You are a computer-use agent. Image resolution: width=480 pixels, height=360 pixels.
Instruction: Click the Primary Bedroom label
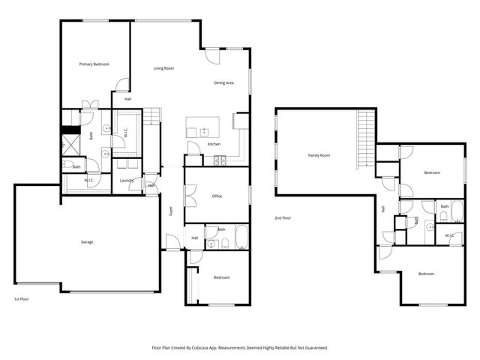(x=94, y=64)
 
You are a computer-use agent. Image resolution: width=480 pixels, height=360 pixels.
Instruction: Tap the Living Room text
(x=163, y=68)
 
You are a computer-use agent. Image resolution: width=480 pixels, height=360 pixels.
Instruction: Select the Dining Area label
(x=224, y=82)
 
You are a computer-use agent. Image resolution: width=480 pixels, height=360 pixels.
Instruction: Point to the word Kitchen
(x=214, y=144)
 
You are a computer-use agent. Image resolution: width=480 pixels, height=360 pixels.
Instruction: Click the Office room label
(x=217, y=196)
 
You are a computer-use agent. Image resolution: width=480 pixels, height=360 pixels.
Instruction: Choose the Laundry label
(x=127, y=180)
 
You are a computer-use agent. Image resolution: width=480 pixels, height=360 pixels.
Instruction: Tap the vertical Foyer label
(x=171, y=210)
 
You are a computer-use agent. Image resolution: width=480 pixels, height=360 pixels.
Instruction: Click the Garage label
(x=87, y=241)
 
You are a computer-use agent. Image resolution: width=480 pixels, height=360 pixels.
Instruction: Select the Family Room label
(x=319, y=155)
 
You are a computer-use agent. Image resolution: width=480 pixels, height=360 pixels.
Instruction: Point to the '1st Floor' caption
(x=21, y=299)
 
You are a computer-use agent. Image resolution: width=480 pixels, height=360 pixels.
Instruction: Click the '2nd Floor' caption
(x=282, y=217)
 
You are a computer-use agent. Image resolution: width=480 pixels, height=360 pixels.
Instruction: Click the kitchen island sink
(x=204, y=129)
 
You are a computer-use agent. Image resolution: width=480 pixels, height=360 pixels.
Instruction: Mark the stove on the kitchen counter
(x=220, y=159)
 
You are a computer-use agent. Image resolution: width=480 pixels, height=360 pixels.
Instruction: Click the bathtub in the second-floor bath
(x=445, y=216)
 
